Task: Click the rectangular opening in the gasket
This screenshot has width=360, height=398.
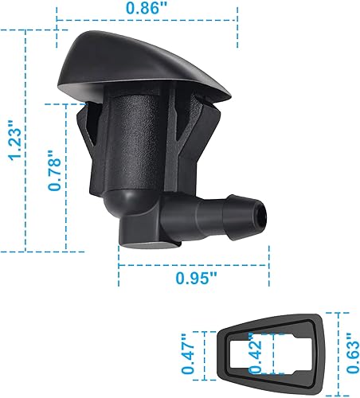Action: (251, 353)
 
